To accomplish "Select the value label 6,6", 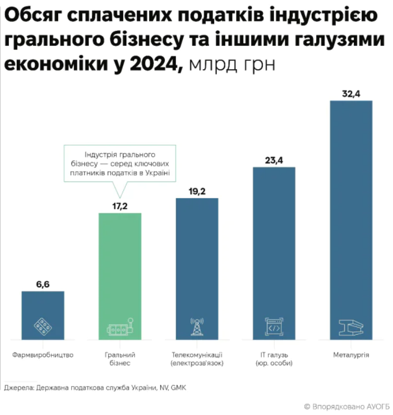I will pyautogui.click(x=43, y=284).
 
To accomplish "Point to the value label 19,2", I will pyautogui.click(x=197, y=192).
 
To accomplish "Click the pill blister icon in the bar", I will pyautogui.click(x=43, y=326).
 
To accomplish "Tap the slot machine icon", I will pyautogui.click(x=120, y=327).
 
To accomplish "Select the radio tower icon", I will pyautogui.click(x=197, y=326).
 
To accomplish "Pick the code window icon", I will pyautogui.click(x=274, y=326).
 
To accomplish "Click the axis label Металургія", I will pyautogui.click(x=351, y=355).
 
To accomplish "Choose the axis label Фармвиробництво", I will pyautogui.click(x=43, y=355).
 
